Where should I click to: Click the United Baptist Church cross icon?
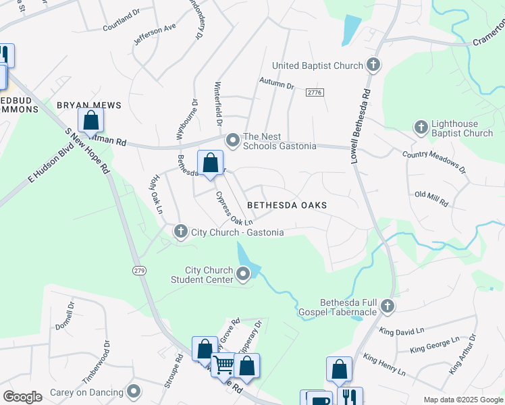pos(373,65)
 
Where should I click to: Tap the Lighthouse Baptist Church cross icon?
pos(421,128)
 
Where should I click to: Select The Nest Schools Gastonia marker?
pos(233,140)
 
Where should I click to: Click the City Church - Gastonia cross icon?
pos(180,232)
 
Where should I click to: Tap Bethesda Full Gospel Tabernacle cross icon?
pos(388,306)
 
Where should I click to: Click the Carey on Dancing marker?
pos(134,391)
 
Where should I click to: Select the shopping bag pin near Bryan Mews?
pos(90,122)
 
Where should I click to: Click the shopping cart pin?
pos(223,365)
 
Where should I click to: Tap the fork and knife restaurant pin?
pos(349,398)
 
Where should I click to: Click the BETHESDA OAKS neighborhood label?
pos(286,205)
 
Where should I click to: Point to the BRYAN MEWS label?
pos(88,105)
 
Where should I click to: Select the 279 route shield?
pos(139,270)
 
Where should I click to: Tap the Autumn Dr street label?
pos(277,85)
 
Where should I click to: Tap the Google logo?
pos(22,396)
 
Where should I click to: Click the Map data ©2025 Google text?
pos(462,400)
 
